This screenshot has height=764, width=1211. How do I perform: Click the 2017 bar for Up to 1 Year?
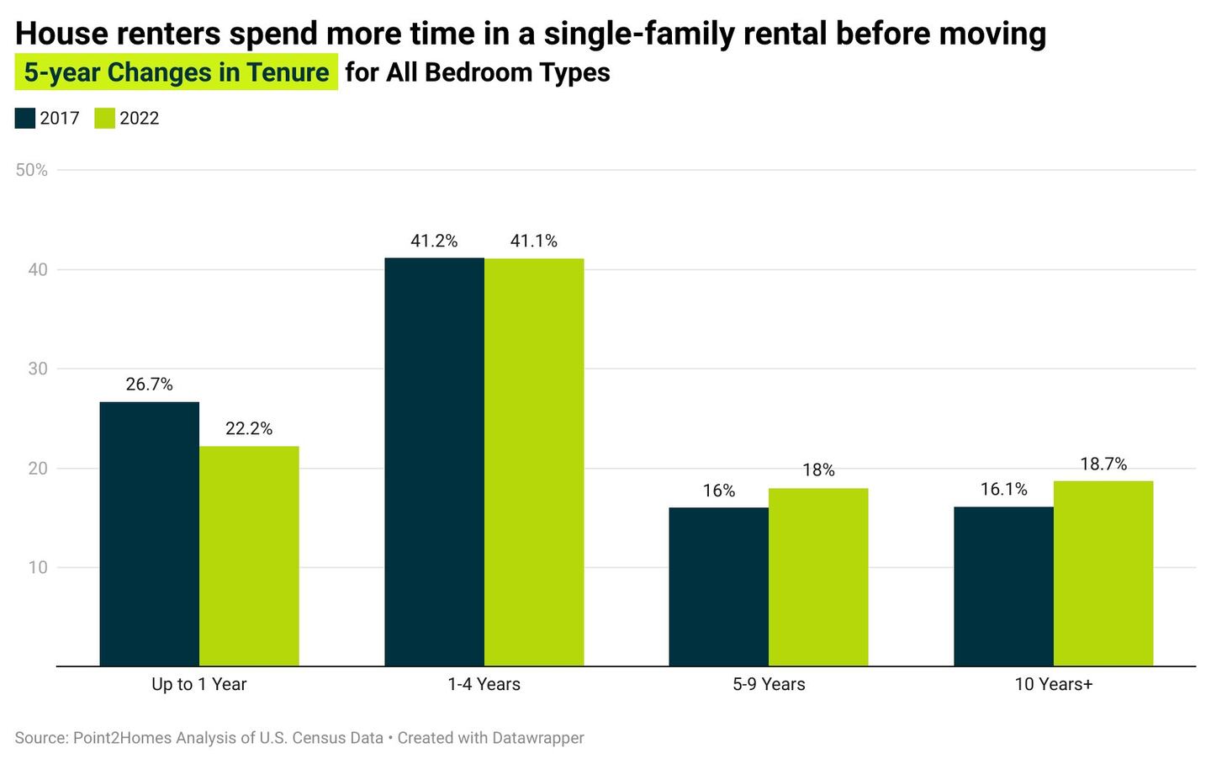click(149, 533)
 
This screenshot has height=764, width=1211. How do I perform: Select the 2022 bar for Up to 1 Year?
click(249, 555)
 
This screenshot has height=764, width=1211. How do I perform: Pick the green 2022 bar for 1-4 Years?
click(534, 462)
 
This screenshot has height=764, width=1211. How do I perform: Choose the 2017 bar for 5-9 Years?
click(718, 586)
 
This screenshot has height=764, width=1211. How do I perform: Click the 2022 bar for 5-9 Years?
click(818, 576)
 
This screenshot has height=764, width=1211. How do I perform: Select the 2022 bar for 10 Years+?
click(1103, 573)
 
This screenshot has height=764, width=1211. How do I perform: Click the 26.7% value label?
click(149, 385)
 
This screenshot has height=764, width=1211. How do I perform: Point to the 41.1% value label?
click(534, 241)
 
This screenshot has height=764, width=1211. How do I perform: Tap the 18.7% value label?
click(1103, 464)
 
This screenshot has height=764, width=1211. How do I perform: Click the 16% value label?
click(718, 491)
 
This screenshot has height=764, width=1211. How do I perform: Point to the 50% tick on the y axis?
click(32, 170)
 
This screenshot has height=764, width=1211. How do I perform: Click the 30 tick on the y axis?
click(38, 369)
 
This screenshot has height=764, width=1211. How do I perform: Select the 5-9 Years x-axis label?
click(769, 684)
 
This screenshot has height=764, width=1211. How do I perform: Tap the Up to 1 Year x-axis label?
click(199, 684)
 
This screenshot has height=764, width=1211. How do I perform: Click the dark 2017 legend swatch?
click(25, 118)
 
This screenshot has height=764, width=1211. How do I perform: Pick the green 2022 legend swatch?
click(104, 118)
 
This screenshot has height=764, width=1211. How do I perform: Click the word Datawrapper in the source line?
click(537, 738)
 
